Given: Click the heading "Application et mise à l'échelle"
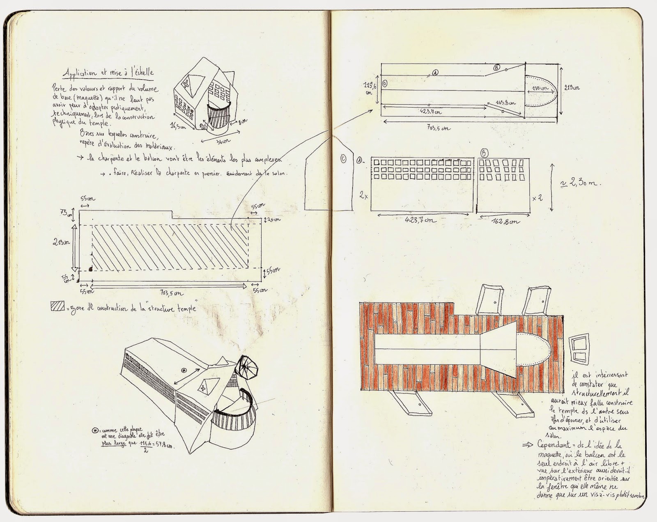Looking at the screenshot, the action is pyautogui.click(x=108, y=73).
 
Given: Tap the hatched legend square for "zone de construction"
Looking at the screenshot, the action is pyautogui.click(x=56, y=306).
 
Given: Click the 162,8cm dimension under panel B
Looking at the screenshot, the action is pyautogui.click(x=504, y=221).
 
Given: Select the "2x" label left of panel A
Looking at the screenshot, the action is pyautogui.click(x=363, y=197).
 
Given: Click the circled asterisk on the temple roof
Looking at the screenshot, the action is pyautogui.click(x=183, y=371).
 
